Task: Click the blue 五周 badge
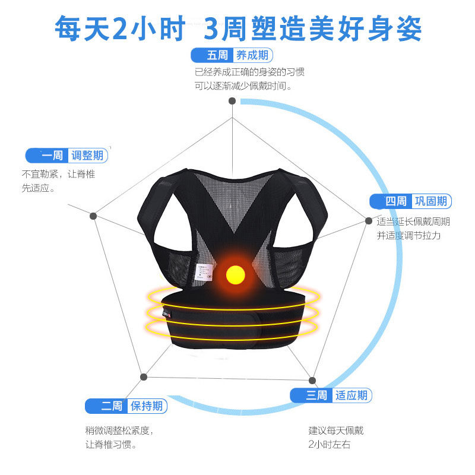[x=212, y=56]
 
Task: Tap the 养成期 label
[x=252, y=56]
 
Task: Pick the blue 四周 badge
[x=391, y=201]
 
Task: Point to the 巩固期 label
[x=432, y=201]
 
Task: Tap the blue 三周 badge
[x=311, y=395]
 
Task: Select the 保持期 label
[x=147, y=406]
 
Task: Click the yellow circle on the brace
[x=236, y=274]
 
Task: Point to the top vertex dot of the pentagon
[x=232, y=101]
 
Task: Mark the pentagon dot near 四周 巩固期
[x=368, y=221]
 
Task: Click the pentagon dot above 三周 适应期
[x=312, y=380]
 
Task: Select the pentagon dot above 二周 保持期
[x=143, y=376]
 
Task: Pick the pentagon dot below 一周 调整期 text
[x=93, y=216]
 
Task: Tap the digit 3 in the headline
[x=212, y=27]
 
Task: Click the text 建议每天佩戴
[x=335, y=430]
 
